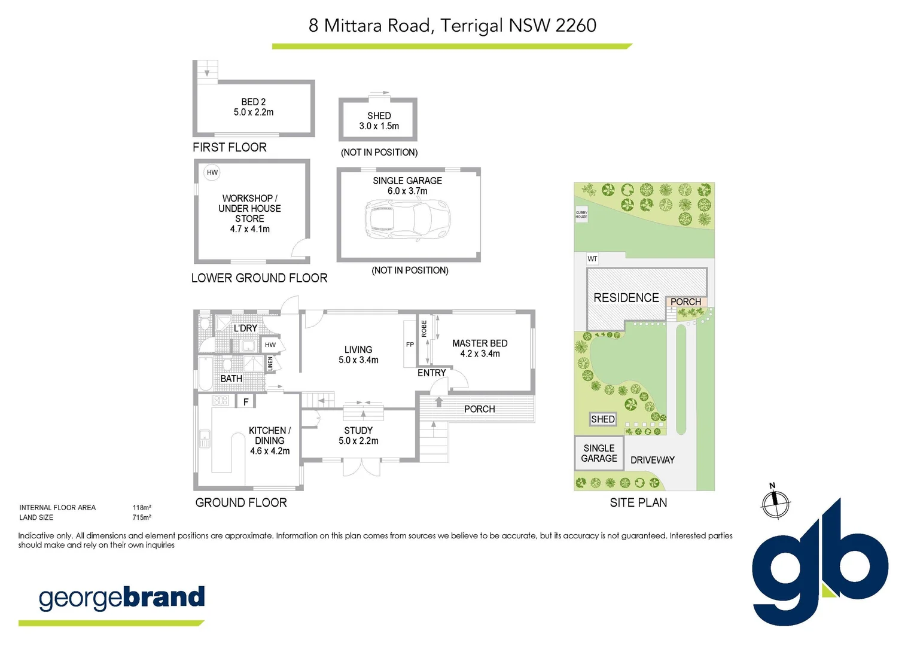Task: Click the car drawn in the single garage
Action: pos(407,220)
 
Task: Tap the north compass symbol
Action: pos(775,502)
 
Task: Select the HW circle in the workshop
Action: pos(212,172)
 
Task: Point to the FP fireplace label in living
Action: pos(410,345)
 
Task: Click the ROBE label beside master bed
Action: pos(424,328)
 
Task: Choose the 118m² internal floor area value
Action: pos(142,508)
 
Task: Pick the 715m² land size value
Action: pos(142,518)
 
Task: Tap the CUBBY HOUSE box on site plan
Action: pos(581,214)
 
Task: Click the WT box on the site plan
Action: pos(592,259)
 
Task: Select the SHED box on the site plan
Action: pos(602,419)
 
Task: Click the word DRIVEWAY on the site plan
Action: pos(652,460)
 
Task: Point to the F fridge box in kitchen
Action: pos(246,402)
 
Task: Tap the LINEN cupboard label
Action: pos(270,363)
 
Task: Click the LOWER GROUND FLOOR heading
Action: pos(259,278)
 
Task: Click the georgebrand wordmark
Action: pos(121,598)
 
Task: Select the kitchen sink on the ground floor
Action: pos(205,438)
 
